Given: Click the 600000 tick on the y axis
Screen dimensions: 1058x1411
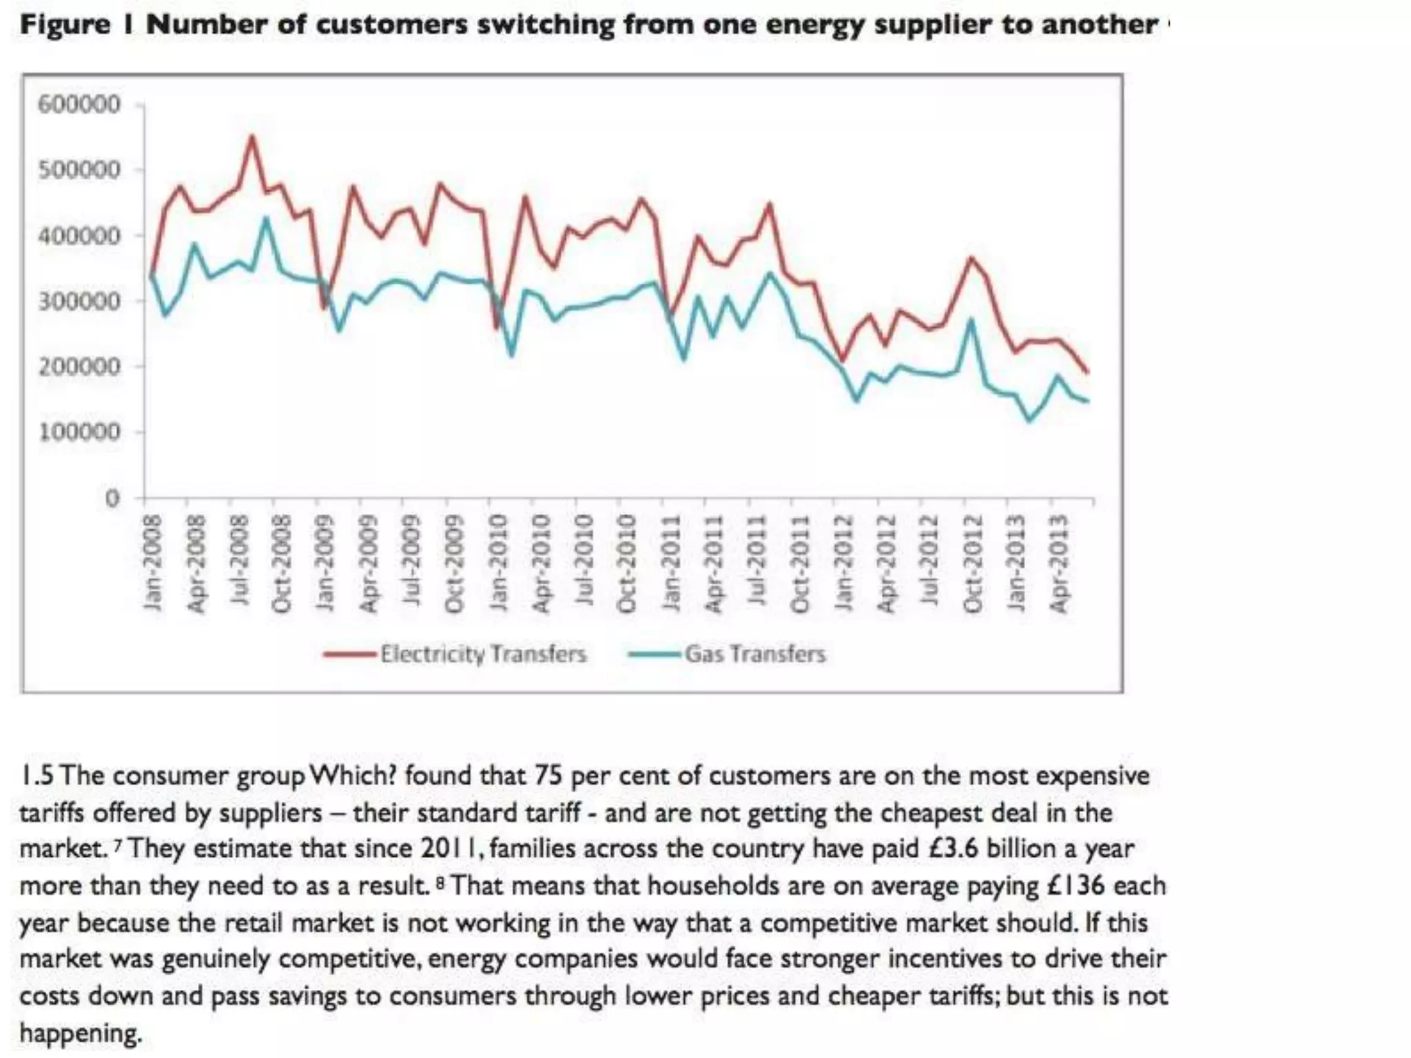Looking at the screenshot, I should click(79, 105).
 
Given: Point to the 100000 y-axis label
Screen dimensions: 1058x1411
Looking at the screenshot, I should click(79, 432).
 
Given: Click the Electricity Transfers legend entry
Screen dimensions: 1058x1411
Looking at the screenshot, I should click(483, 653).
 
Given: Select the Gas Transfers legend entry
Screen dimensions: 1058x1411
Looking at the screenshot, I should click(754, 653).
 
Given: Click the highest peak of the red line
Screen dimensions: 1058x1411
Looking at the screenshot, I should click(252, 136).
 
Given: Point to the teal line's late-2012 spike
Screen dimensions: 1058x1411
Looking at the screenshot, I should click(971, 319).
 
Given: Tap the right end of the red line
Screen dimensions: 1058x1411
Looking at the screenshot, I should click(1088, 373).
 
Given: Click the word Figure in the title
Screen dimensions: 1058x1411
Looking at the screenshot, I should click(65, 25).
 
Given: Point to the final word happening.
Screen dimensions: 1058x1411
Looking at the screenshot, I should click(81, 1033).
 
